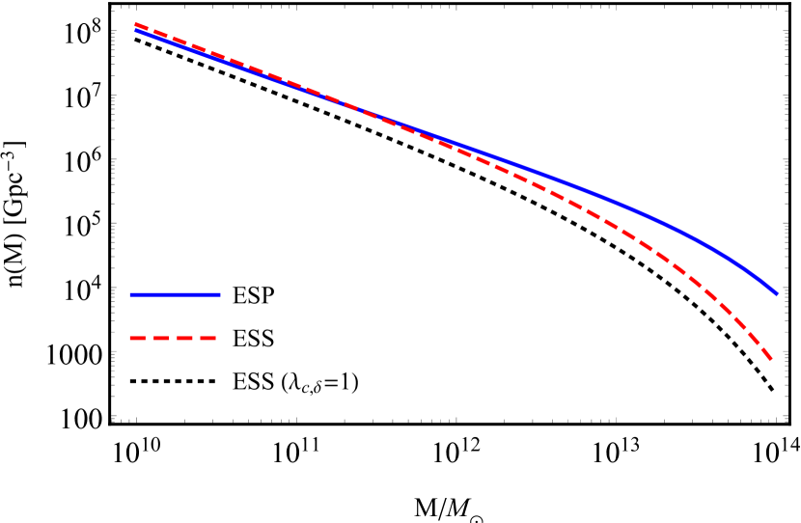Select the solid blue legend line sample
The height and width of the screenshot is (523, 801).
(x=175, y=294)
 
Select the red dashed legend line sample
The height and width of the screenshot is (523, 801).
(x=173, y=339)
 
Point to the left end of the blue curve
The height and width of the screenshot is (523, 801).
(x=136, y=30)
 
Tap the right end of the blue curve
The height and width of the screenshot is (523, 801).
(x=777, y=293)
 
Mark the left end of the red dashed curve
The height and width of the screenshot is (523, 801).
(x=136, y=24)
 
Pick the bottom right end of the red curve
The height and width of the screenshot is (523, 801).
(x=772, y=360)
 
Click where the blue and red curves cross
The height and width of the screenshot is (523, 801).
(x=359, y=109)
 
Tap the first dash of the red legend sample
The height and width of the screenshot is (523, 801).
(x=137, y=339)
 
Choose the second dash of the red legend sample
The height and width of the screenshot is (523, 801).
(x=160, y=339)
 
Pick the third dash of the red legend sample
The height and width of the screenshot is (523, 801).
(x=184, y=339)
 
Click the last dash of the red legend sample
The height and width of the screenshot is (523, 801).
(x=207, y=339)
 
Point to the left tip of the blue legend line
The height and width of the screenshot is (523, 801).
(x=130, y=294)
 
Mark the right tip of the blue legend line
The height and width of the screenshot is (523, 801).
(x=220, y=294)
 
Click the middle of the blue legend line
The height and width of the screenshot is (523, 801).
(x=175, y=294)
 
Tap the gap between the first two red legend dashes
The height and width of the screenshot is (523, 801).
(x=149, y=339)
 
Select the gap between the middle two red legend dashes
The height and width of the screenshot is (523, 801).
(x=173, y=339)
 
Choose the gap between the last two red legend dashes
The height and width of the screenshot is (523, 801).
(x=196, y=339)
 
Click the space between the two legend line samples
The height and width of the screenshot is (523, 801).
(x=175, y=317)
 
